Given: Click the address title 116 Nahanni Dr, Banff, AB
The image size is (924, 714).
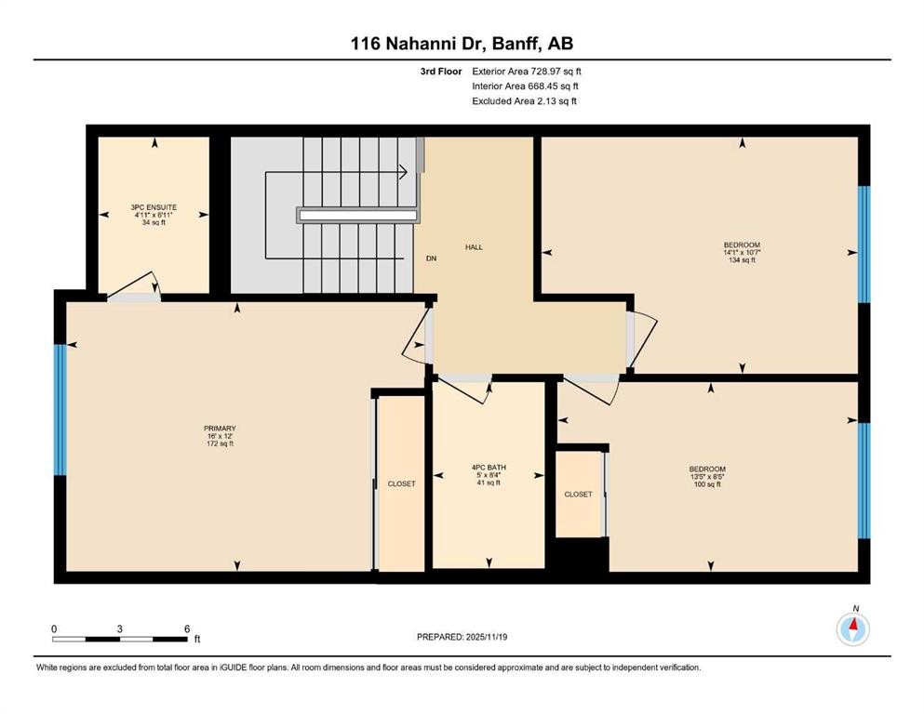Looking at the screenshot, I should coord(462,43).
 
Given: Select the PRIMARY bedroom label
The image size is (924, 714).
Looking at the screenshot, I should coord(219,429).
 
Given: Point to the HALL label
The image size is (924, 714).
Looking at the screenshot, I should coord(475,247).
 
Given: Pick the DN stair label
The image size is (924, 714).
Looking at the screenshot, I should coord(431,258).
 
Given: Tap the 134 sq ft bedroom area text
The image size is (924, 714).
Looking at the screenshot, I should coord(742,260).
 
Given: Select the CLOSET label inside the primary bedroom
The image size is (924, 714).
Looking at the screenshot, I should coord(402,484).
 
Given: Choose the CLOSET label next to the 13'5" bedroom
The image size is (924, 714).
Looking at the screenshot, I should coord(578,495).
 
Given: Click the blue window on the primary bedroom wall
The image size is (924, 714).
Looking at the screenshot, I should coord(60,409).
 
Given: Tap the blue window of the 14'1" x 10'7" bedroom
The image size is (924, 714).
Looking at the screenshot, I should coord(863,244).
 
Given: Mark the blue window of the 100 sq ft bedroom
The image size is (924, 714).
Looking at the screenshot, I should coord(863,481).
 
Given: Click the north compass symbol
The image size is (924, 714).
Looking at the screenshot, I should coord(853,629).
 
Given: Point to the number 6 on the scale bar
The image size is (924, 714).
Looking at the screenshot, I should coord(187,628).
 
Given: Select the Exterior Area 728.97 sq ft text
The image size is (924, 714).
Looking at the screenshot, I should coord(527,71).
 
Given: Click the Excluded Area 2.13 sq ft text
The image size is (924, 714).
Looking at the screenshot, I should coord(524,100).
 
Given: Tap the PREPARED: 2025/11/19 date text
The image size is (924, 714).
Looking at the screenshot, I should coord(462,637).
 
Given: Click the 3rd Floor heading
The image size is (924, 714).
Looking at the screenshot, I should coord(439,71).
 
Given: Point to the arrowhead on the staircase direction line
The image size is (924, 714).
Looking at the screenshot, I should coord(403,171).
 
